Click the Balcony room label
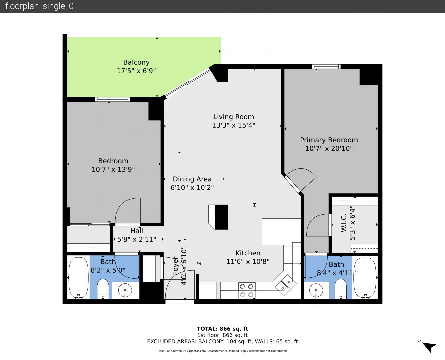click(136, 62)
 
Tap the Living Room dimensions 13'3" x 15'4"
click(234, 125)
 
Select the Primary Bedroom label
click(329, 140)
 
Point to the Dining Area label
click(192, 179)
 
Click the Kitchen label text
click(248, 253)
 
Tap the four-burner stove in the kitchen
click(247, 290)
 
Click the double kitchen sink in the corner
click(286, 285)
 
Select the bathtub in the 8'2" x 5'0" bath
click(79, 278)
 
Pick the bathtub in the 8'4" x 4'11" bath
click(365, 278)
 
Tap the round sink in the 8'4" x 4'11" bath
click(316, 290)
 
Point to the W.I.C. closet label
click(344, 223)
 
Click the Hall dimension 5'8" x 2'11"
click(137, 239)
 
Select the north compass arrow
click(429, 347)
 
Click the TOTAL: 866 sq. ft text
click(223, 329)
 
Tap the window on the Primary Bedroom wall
click(326, 67)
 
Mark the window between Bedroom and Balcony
click(113, 99)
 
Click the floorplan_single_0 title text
click(39, 6)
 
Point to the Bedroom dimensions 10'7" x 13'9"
click(113, 169)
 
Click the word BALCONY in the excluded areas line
click(211, 341)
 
